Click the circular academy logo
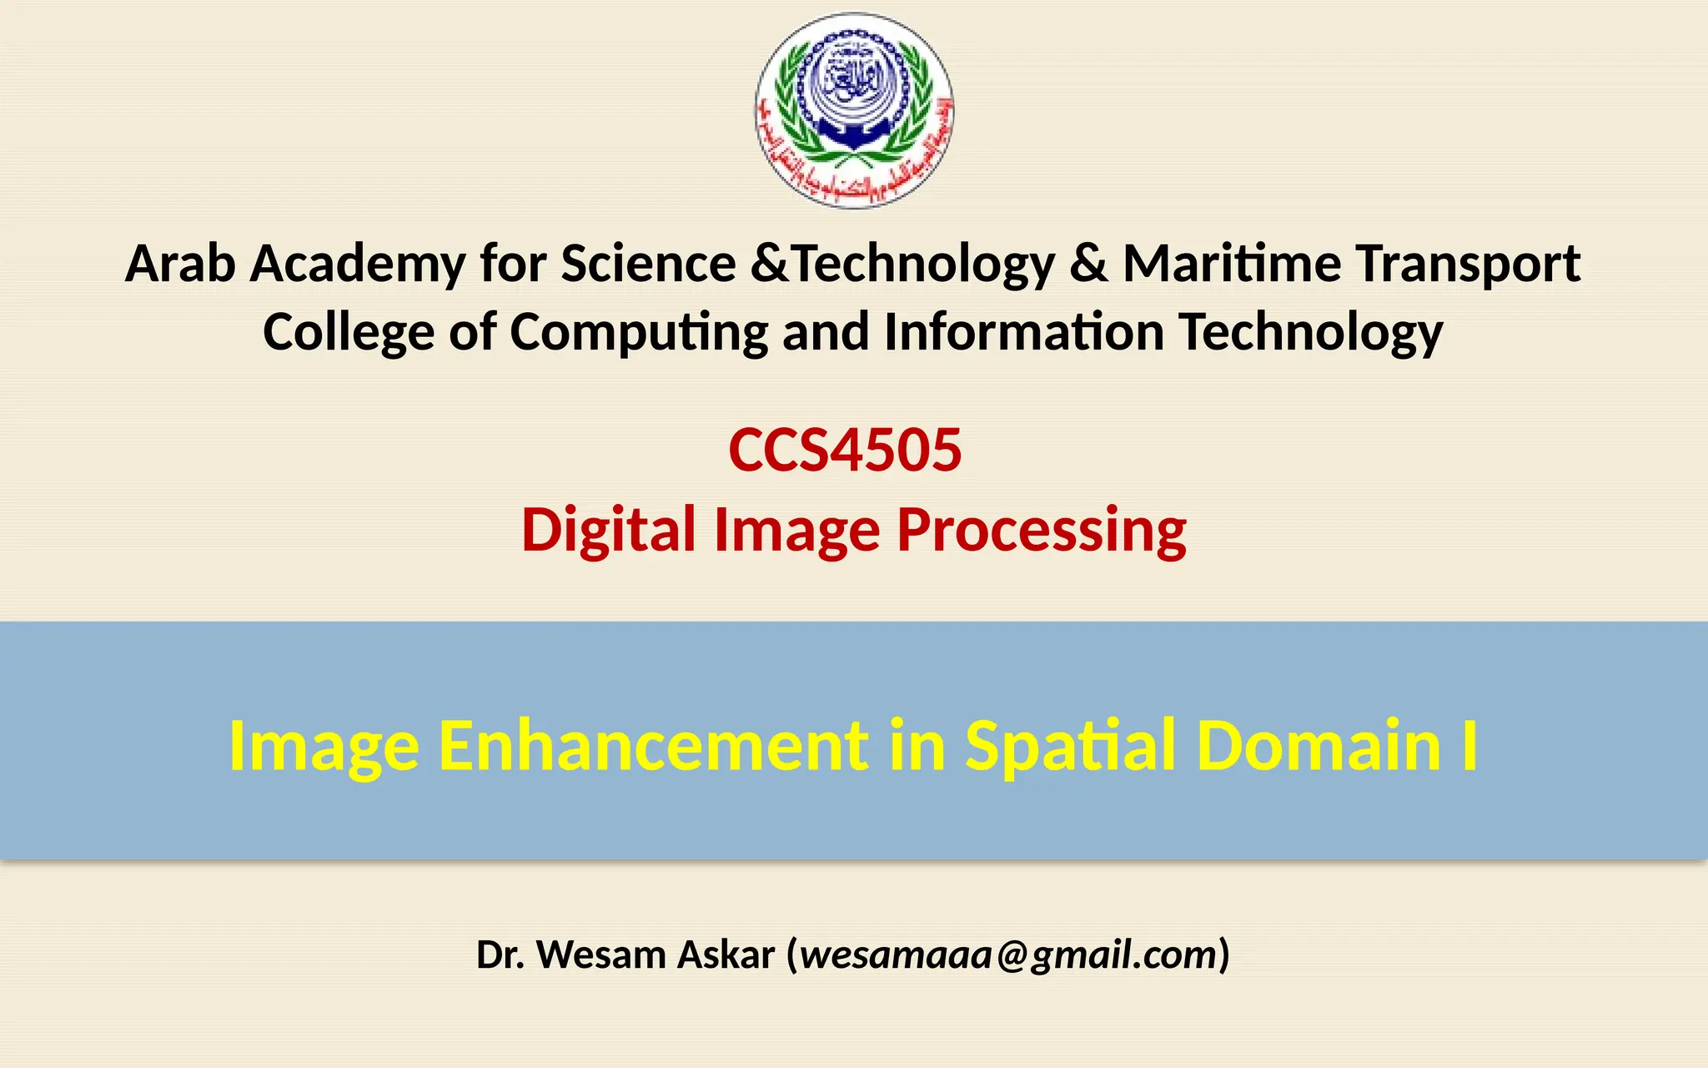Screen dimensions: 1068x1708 point(854,110)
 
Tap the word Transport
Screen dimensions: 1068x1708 point(1467,265)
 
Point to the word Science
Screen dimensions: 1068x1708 point(648,264)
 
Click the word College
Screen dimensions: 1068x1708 point(348,332)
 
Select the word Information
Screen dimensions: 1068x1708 point(1023,332)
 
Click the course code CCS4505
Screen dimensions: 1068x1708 point(845,451)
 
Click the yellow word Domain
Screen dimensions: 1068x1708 point(1319,745)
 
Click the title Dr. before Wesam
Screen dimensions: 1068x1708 point(500,955)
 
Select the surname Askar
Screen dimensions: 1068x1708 point(726,955)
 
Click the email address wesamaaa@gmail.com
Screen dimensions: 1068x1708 point(1009,955)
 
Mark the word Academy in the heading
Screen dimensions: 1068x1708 point(358,265)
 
